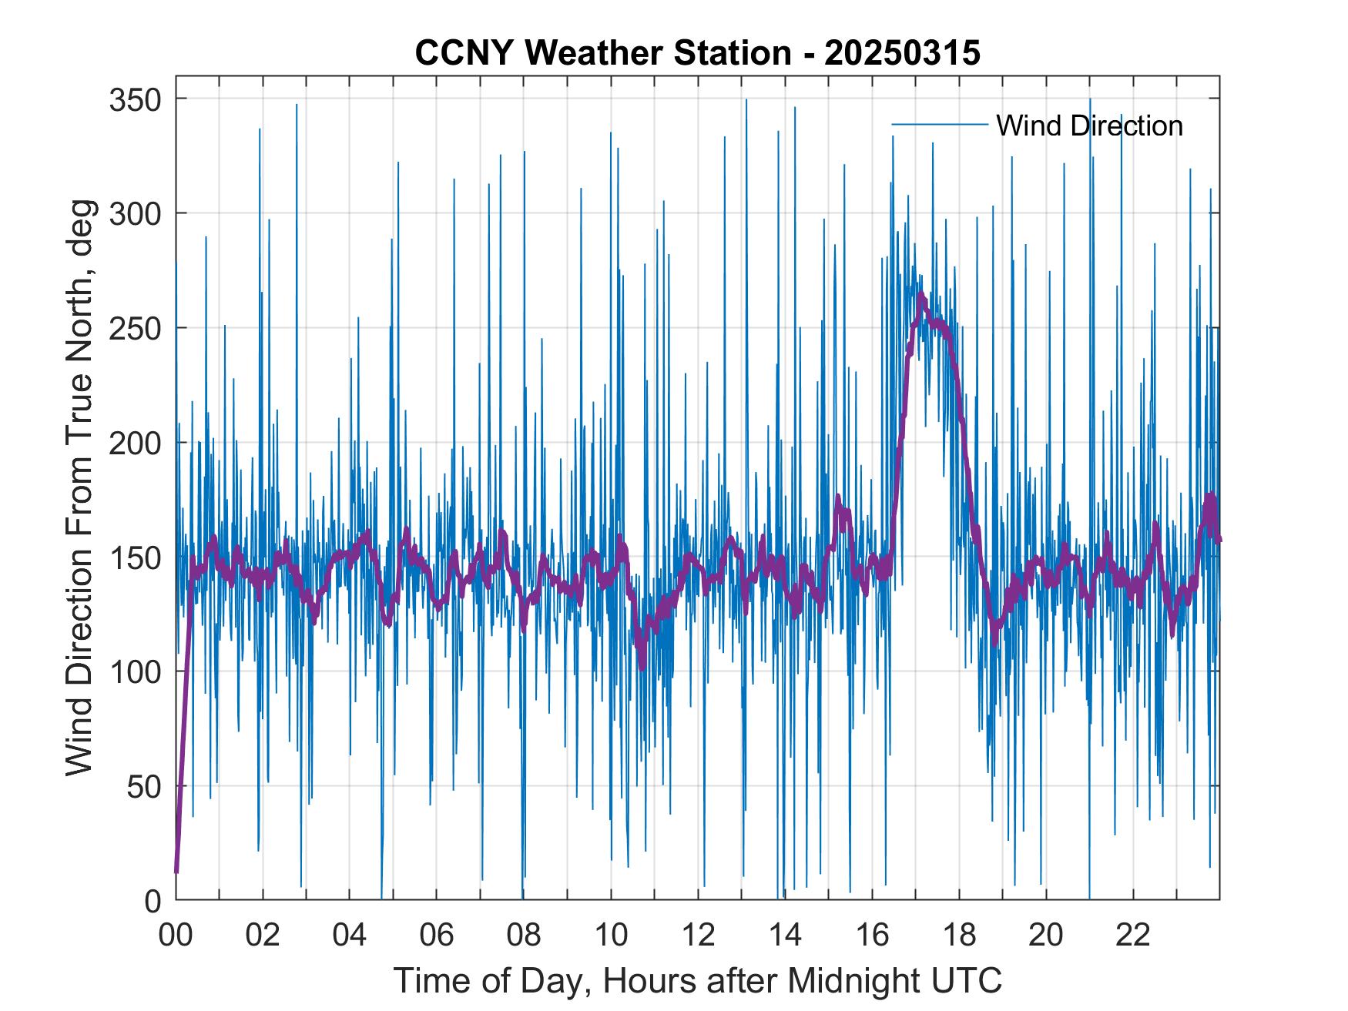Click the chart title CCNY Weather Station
(x=603, y=53)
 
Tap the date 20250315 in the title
(x=902, y=53)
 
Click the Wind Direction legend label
(x=1089, y=126)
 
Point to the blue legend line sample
(x=939, y=125)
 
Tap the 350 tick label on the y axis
(x=135, y=99)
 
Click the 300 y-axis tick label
(x=135, y=213)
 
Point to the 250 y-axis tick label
(x=135, y=328)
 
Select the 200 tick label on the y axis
(x=135, y=443)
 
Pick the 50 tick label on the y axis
(x=144, y=786)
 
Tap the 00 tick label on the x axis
(x=176, y=935)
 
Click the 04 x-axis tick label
(x=350, y=935)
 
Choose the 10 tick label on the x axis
(x=611, y=935)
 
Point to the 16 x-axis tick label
(x=872, y=935)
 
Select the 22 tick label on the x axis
(x=1133, y=935)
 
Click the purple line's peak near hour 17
(x=920, y=296)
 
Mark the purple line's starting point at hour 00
(x=176, y=872)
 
